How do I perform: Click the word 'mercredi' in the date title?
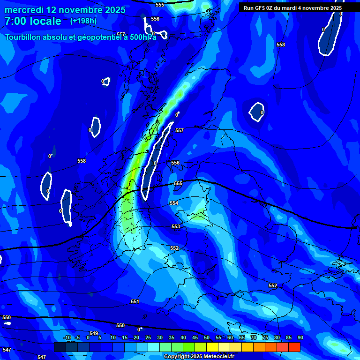22,10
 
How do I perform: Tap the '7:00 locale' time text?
33,21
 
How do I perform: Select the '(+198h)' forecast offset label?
83,21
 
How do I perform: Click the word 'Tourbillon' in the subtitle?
25,37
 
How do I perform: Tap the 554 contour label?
174,203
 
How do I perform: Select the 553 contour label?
175,226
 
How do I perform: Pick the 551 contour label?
135,301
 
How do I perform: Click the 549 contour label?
94,333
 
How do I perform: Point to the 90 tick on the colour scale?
300,337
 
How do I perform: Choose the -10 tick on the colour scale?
67,337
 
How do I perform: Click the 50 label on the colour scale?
207,337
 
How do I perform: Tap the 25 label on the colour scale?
148,337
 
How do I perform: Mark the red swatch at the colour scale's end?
294,347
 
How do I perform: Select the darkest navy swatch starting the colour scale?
60,347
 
